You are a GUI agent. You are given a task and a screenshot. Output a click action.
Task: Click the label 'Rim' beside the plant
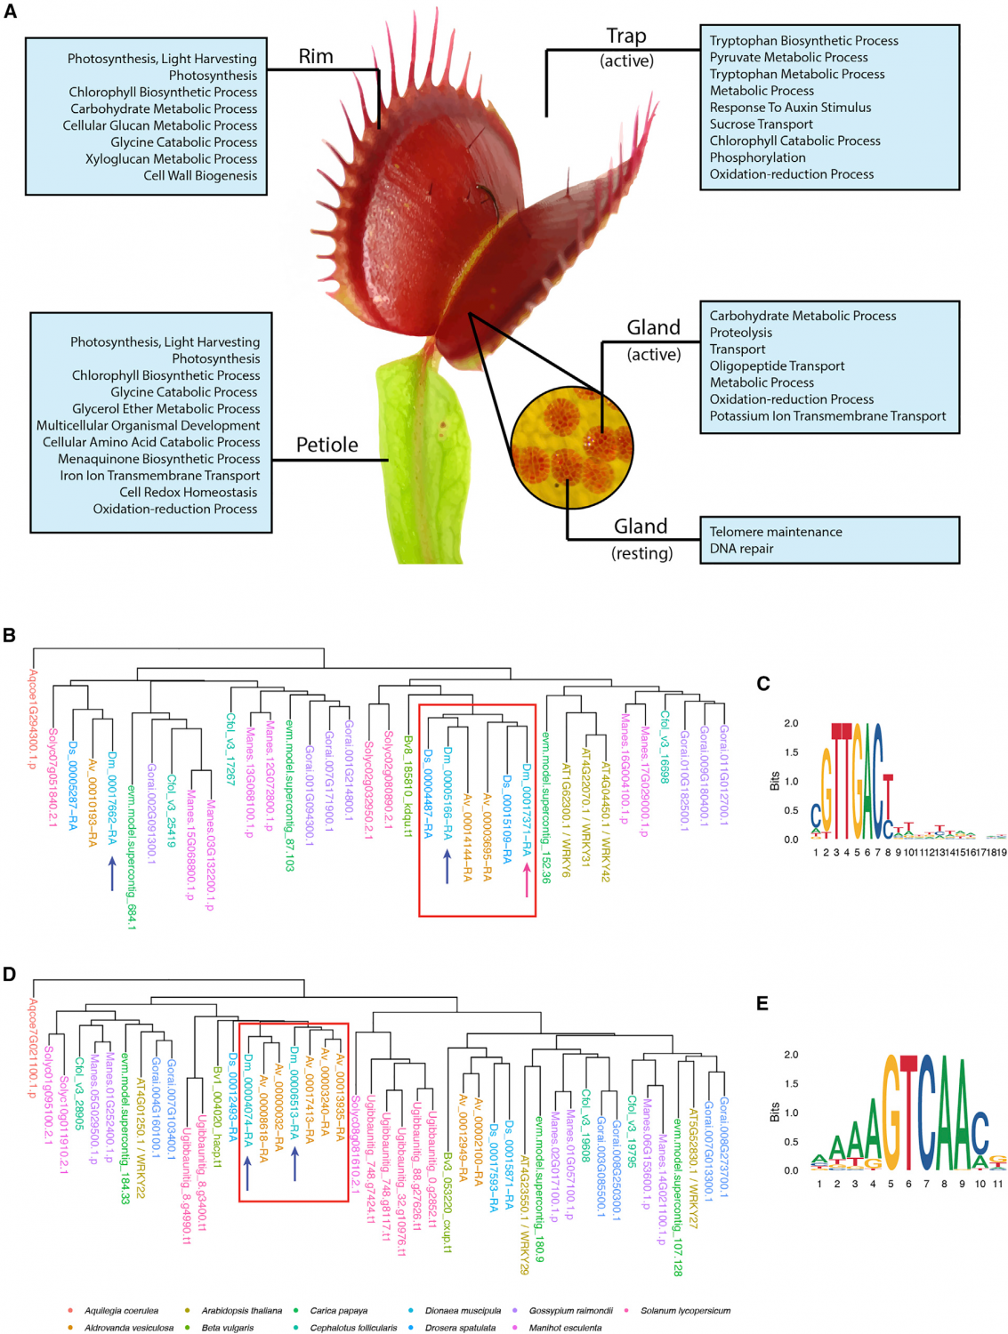click(316, 56)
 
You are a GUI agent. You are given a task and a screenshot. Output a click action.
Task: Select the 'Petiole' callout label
click(327, 445)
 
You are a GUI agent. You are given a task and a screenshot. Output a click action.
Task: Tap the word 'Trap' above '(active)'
click(626, 36)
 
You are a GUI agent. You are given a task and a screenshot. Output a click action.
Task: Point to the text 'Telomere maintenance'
click(775, 532)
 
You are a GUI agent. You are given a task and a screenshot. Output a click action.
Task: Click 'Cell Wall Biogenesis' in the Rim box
click(200, 176)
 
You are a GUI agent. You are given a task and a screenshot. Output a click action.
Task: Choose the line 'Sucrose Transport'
click(761, 125)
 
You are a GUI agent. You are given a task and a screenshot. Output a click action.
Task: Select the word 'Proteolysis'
click(740, 333)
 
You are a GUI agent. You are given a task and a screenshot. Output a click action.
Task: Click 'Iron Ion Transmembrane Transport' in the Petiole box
click(160, 476)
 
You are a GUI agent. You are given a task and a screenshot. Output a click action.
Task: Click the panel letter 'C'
click(762, 683)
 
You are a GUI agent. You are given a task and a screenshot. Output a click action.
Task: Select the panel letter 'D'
click(10, 974)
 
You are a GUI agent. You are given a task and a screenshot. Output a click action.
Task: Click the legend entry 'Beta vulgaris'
click(227, 1328)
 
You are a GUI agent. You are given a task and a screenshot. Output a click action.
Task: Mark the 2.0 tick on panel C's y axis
click(790, 723)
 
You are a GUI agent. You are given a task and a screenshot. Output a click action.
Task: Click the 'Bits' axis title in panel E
click(774, 1112)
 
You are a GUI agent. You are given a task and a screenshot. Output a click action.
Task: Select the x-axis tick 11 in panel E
click(997, 1184)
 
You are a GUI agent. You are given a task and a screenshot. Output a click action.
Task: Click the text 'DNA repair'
click(741, 549)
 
